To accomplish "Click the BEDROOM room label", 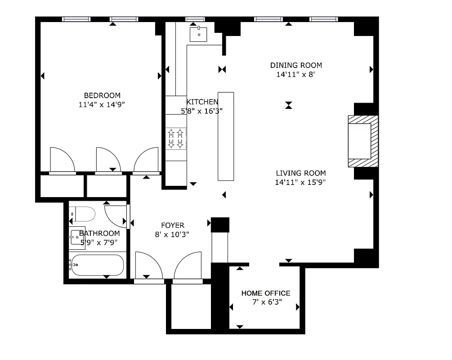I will [102, 95].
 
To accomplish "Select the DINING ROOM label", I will [296, 65].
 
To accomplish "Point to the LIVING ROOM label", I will [300, 173].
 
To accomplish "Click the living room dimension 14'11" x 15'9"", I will [300, 182].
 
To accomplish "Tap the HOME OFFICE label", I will [266, 293].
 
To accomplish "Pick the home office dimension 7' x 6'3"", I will [267, 302].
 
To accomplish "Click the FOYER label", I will [173, 225].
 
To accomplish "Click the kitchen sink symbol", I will [198, 34].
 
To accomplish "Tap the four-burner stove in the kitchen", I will [176, 138].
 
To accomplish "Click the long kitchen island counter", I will [226, 136].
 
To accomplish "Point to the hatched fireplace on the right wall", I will [362, 141].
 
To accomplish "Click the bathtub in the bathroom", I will [97, 265].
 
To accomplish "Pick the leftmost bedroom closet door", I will [62, 160].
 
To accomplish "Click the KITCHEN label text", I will [202, 102].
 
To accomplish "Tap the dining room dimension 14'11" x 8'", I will [295, 74].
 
